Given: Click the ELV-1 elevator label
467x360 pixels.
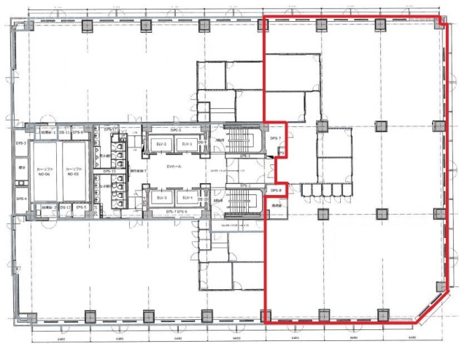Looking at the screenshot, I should [187, 145].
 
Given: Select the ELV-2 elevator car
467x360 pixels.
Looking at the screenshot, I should [161, 145].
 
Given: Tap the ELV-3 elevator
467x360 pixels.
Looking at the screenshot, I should [161, 198].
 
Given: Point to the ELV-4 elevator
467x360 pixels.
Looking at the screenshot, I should [187, 198].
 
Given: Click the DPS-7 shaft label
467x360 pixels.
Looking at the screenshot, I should [275, 138].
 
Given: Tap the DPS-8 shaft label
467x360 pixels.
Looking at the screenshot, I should [275, 191].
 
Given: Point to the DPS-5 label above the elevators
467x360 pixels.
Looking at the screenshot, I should [176, 130].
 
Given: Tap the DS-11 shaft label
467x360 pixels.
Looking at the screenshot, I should [64, 133].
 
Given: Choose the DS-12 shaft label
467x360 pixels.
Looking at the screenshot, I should [64, 207].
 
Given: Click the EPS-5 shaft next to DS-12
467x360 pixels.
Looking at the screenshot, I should [80, 207].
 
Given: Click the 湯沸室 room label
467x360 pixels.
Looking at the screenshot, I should [277, 207].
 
